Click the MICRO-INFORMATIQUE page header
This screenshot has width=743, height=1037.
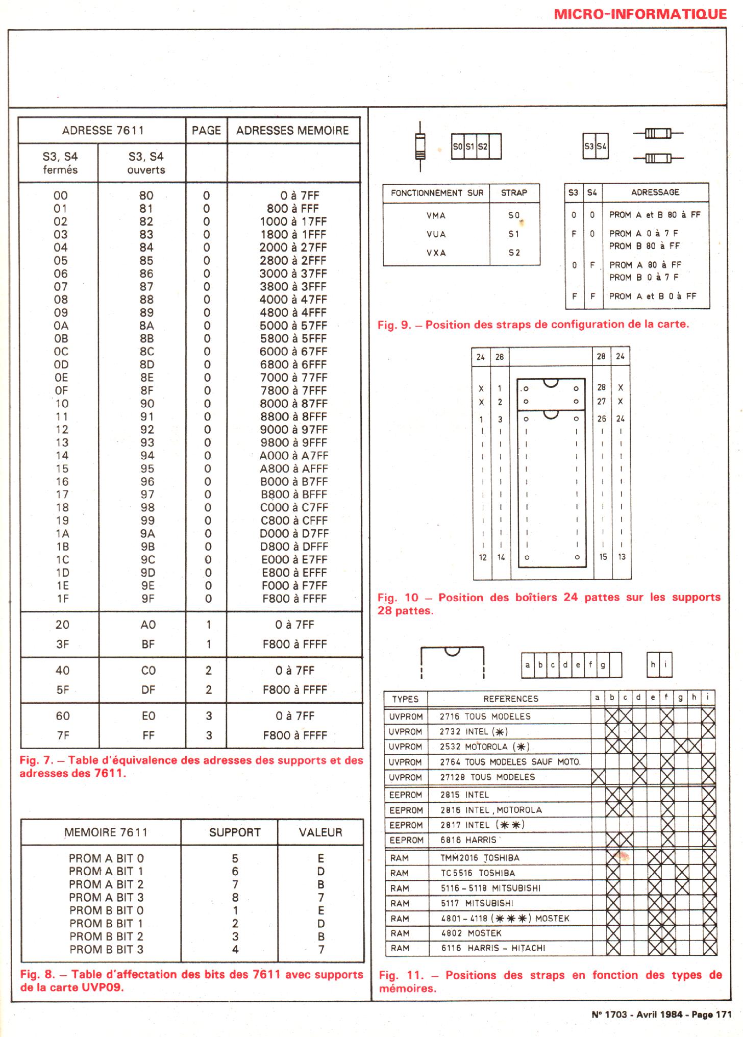(640, 14)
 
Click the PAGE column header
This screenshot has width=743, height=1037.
(206, 131)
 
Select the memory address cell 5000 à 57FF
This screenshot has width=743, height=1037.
(293, 326)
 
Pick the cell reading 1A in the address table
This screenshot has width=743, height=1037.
(62, 534)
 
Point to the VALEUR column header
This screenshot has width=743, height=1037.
(320, 832)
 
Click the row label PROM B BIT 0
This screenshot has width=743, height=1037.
(106, 910)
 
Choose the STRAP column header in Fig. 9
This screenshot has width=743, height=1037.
(514, 193)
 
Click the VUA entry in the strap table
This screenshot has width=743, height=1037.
(436, 234)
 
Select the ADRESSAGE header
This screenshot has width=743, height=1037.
(655, 192)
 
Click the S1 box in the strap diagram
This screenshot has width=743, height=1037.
(470, 146)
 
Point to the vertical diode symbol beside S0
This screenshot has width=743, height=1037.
(420, 146)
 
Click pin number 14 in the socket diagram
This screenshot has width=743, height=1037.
(501, 557)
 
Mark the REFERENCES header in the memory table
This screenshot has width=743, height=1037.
(511, 699)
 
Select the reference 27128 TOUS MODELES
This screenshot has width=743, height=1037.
(487, 777)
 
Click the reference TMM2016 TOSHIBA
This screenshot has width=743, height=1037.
(480, 858)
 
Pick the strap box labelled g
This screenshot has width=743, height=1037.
(603, 665)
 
